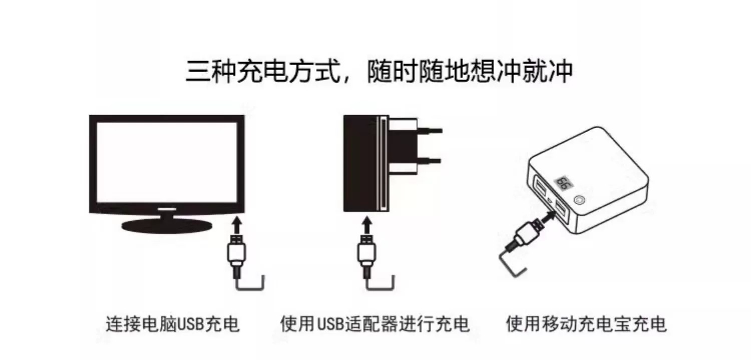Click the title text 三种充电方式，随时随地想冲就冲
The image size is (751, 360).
[x=379, y=71]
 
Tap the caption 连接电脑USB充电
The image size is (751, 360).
[x=173, y=324]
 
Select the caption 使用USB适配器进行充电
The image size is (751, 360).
[x=375, y=324]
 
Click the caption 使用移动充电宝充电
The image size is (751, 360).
[x=586, y=324]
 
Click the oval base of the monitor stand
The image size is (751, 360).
[x=167, y=225]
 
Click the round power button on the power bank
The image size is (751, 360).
[x=581, y=200]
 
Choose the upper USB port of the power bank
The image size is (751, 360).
[x=542, y=187]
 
